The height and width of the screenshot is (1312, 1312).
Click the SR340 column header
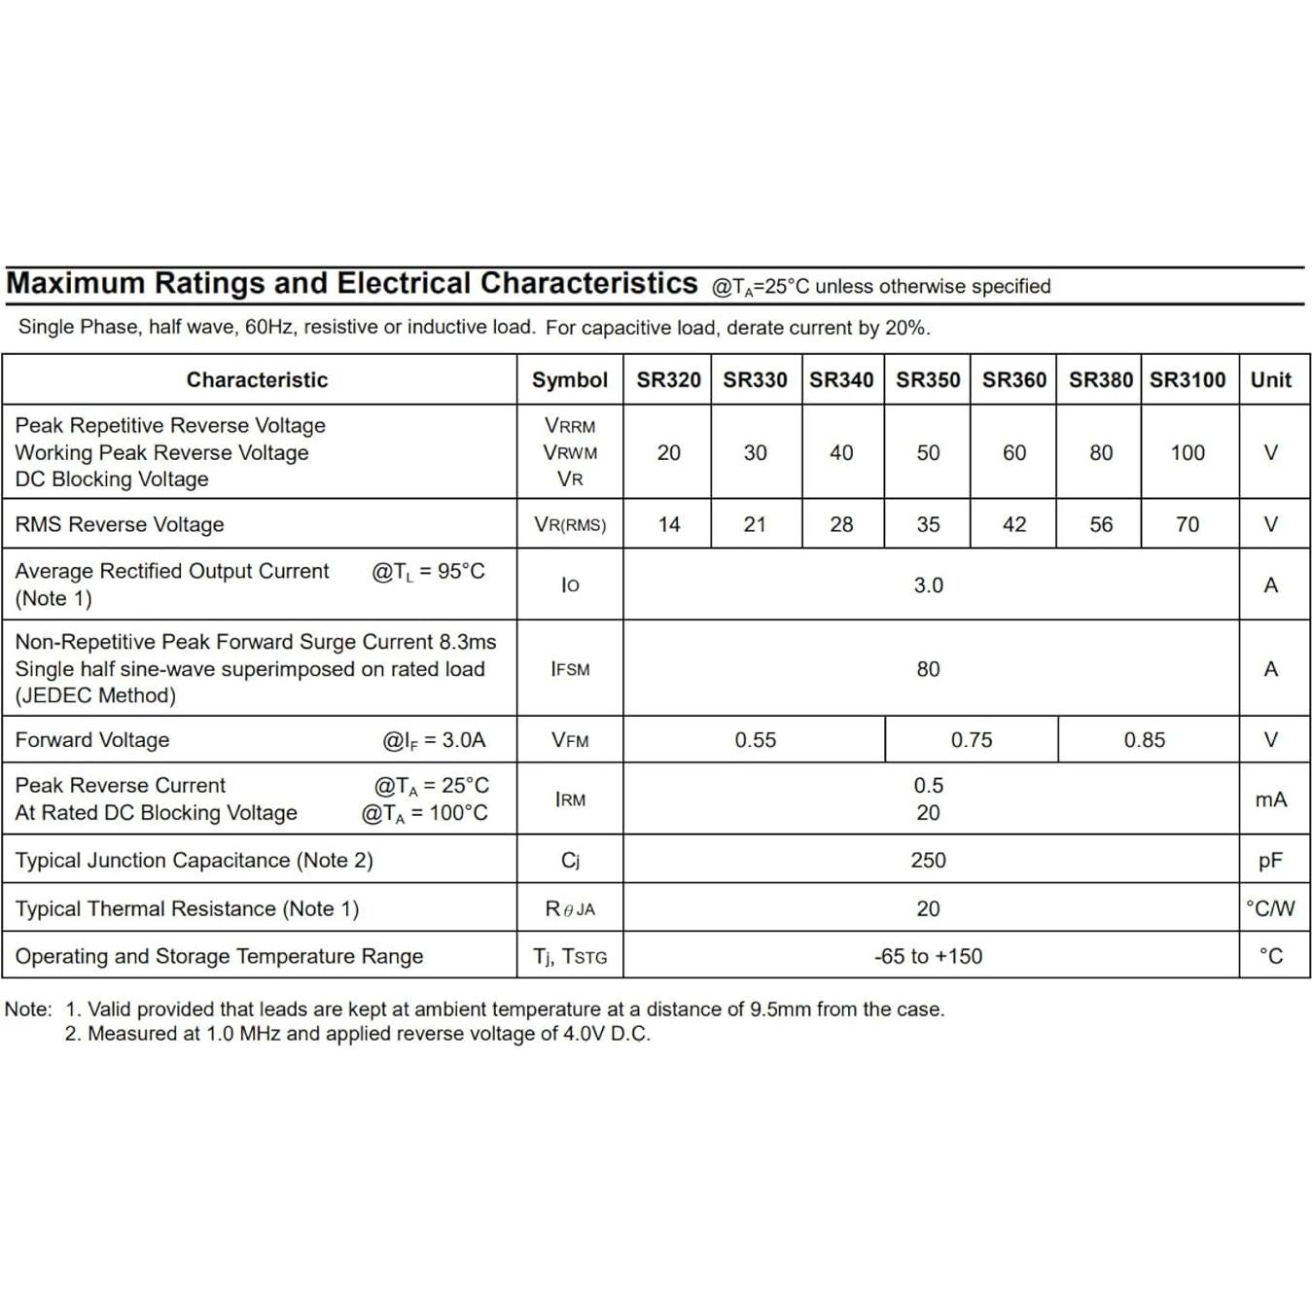pyautogui.click(x=841, y=380)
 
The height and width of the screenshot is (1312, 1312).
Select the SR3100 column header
pyautogui.click(x=1188, y=380)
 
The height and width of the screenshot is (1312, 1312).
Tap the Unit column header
pyautogui.click(x=1270, y=380)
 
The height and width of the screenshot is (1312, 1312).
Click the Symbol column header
pyautogui.click(x=569, y=380)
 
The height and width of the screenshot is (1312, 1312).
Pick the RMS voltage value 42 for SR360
pyautogui.click(x=1013, y=525)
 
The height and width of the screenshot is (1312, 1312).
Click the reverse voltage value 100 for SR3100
pyautogui.click(x=1188, y=453)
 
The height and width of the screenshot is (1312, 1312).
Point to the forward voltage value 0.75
pyautogui.click(x=972, y=740)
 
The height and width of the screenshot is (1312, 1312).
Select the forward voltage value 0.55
pyautogui.click(x=755, y=740)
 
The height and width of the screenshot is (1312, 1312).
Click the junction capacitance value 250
pyautogui.click(x=928, y=861)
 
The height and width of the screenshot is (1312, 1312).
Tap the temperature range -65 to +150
pyautogui.click(x=928, y=957)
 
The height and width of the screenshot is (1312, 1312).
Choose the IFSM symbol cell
pyautogui.click(x=570, y=669)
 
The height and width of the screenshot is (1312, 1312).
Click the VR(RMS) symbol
pyautogui.click(x=570, y=525)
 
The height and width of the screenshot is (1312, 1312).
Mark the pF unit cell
pyautogui.click(x=1270, y=861)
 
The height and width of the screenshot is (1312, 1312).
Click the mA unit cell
pyautogui.click(x=1270, y=799)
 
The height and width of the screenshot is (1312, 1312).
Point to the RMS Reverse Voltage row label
pyautogui.click(x=120, y=525)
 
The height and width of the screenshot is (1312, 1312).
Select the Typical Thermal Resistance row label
pyautogui.click(x=187, y=909)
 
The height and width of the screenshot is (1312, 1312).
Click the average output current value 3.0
pyautogui.click(x=928, y=585)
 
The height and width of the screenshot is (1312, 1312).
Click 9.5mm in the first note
pyautogui.click(x=780, y=1010)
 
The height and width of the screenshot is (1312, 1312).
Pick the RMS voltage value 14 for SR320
pyautogui.click(x=668, y=525)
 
